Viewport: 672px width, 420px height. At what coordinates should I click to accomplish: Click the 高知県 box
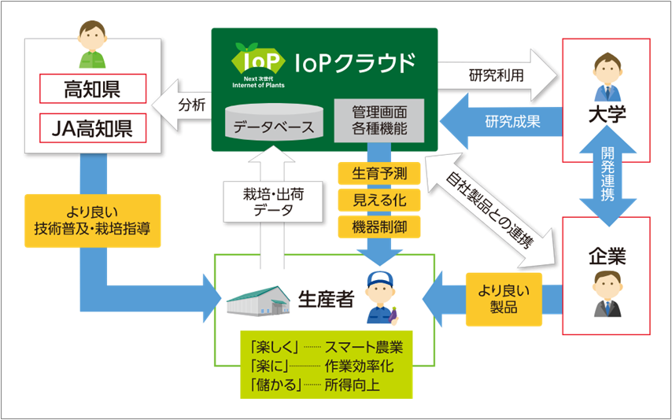click(x=93, y=89)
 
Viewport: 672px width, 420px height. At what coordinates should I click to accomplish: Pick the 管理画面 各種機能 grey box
click(x=377, y=121)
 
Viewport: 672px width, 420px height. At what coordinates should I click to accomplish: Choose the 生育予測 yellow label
click(x=378, y=173)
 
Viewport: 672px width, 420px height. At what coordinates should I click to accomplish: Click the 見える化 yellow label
click(x=378, y=200)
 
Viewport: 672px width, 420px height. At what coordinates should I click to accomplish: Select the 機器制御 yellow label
click(x=378, y=227)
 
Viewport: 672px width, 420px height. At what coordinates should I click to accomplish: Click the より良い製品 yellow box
click(x=504, y=300)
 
